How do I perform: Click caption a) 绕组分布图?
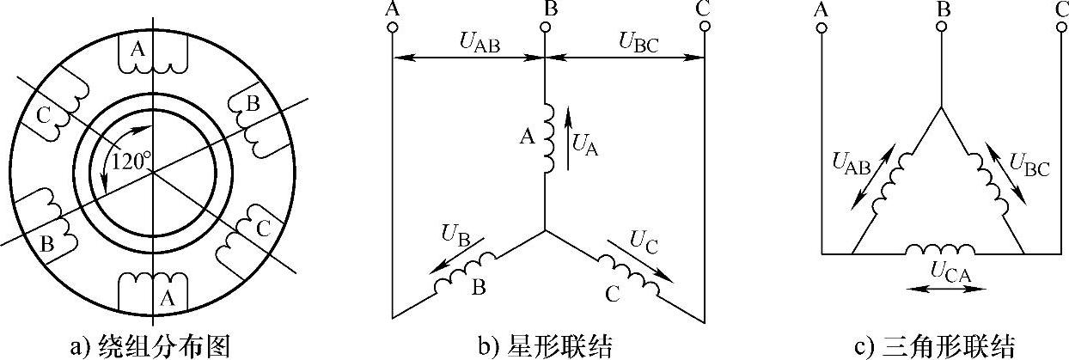(151, 345)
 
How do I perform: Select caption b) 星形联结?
(545, 345)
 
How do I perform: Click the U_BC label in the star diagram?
(638, 41)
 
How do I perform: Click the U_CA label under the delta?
(949, 271)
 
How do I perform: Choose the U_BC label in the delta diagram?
(1029, 163)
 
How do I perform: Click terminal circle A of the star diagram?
(393, 27)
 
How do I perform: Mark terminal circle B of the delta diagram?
(941, 27)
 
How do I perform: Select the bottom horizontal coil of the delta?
(939, 249)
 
